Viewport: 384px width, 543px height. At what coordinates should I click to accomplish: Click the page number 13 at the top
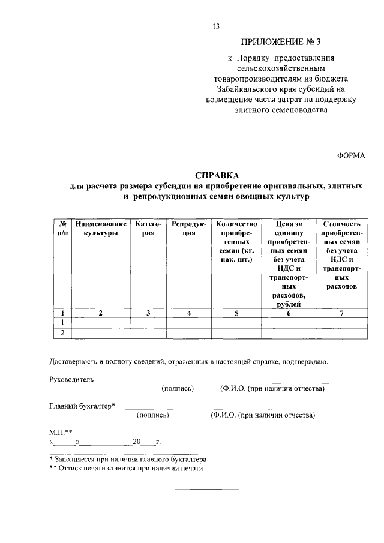point(217,26)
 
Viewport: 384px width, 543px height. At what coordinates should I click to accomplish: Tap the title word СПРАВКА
point(217,175)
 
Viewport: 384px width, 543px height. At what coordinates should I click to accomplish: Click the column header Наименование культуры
point(101,228)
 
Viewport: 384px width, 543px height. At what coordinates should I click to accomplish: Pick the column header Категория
point(148,228)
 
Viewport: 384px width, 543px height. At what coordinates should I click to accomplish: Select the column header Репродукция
point(188,228)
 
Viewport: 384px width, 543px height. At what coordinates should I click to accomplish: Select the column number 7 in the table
point(341,313)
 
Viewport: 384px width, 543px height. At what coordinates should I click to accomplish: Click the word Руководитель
point(71,379)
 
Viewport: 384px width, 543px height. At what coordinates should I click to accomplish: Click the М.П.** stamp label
point(61,431)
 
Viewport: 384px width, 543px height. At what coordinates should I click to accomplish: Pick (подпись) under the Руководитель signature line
point(178,389)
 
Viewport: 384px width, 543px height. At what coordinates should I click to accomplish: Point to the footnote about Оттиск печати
point(127,469)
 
